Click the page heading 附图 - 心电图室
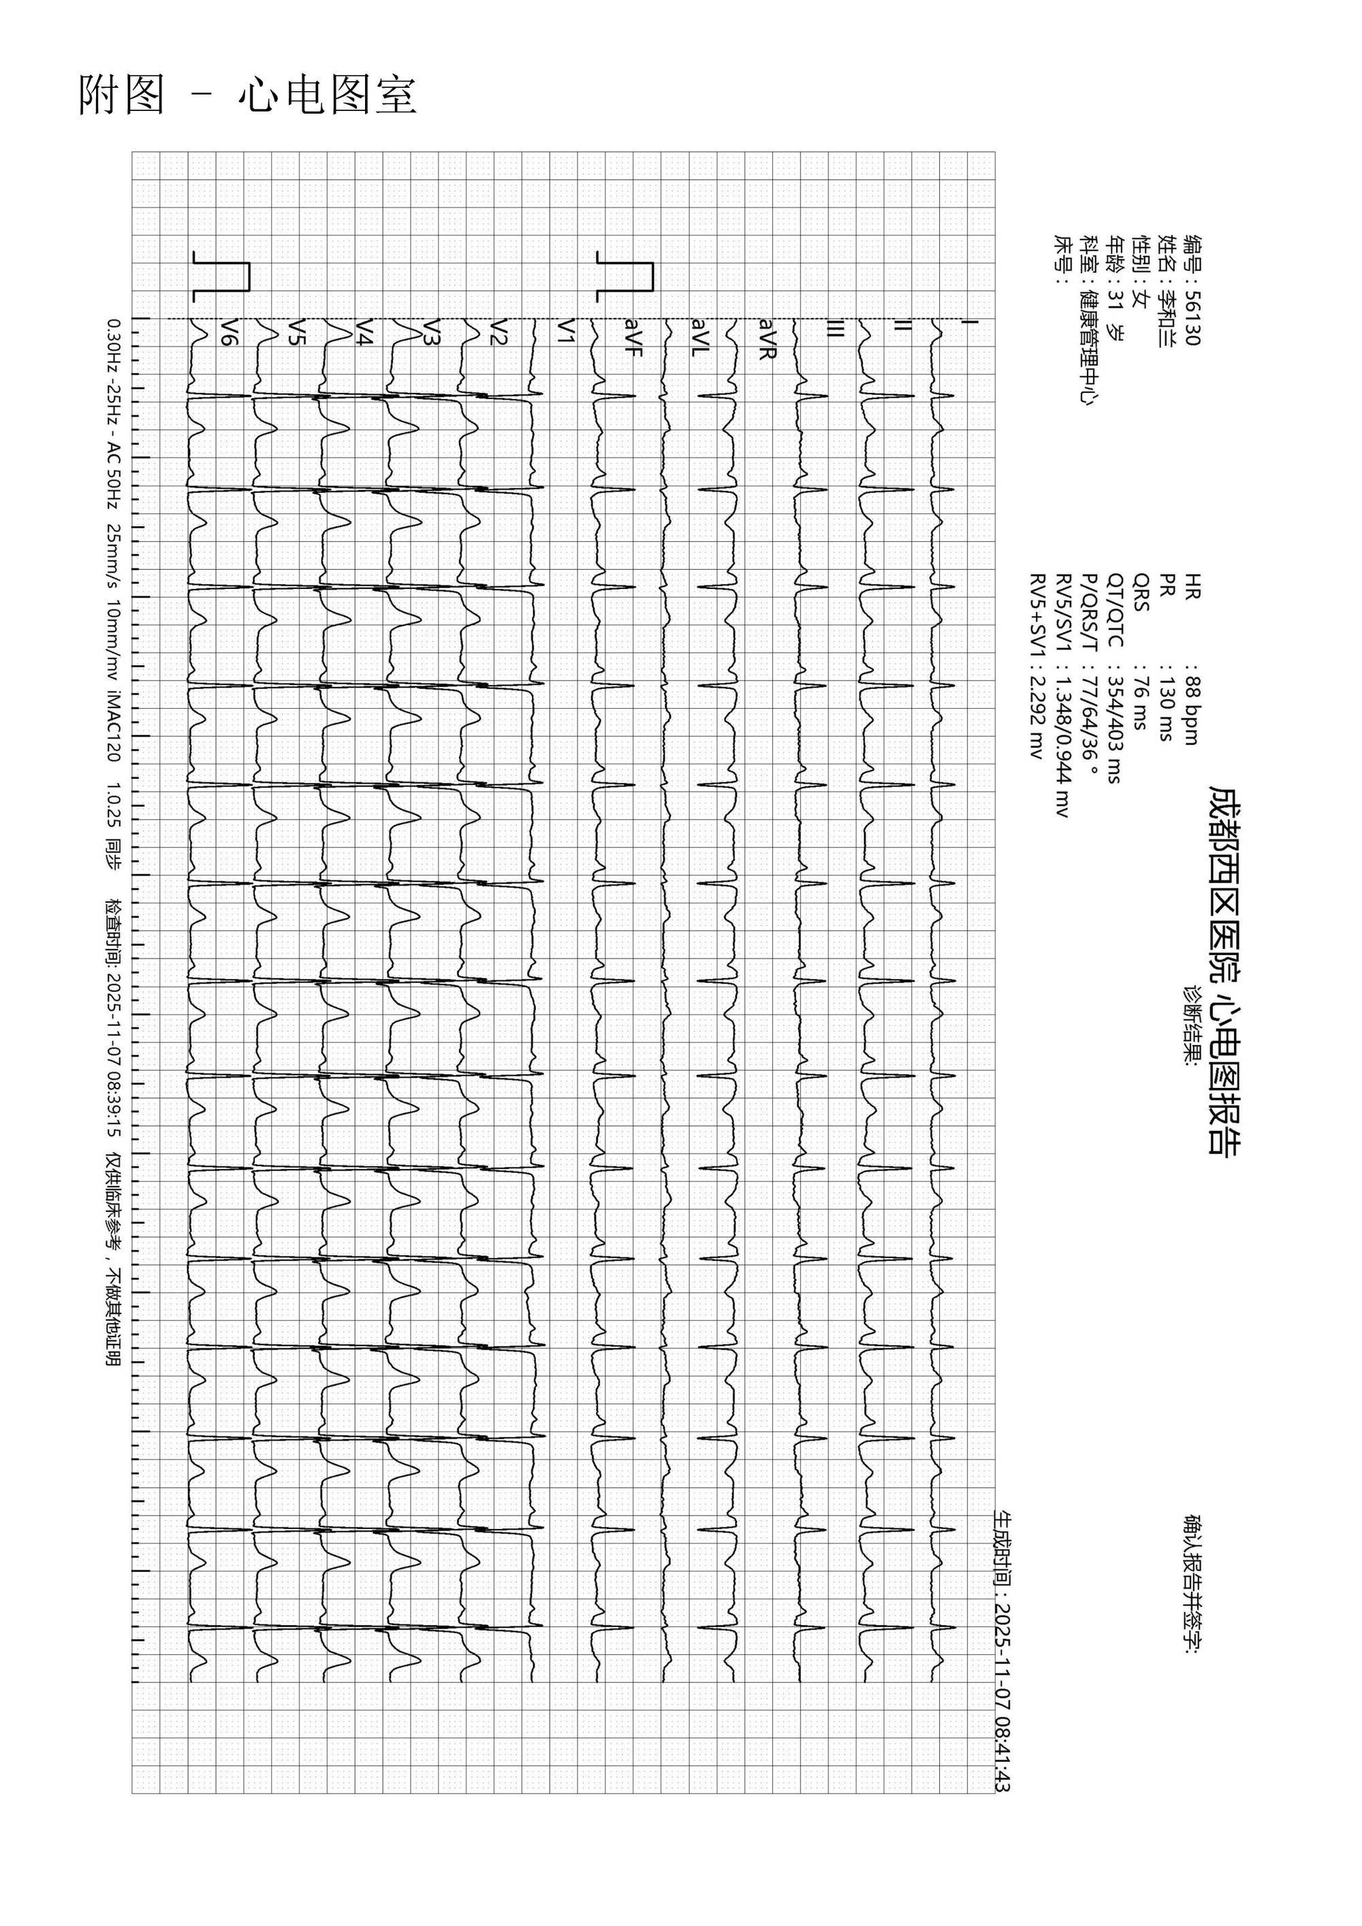point(248,95)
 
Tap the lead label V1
point(568,332)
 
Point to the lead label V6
point(227,332)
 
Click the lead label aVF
point(633,338)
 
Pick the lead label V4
point(364,332)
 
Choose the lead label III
point(834,330)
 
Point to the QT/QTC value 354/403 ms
point(1115,730)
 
